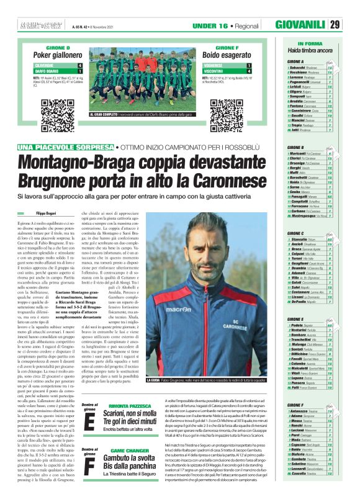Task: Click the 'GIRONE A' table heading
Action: tap(295, 62)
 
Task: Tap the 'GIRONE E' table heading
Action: tap(295, 318)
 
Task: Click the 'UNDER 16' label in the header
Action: tap(209, 25)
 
